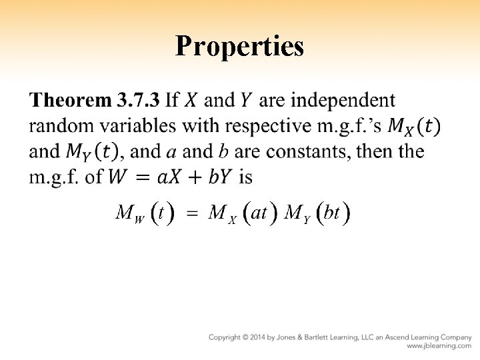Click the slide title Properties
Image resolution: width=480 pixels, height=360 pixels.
click(x=240, y=46)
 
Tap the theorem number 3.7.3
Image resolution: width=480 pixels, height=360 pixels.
click(x=138, y=101)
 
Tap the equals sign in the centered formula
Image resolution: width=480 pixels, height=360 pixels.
click(x=192, y=215)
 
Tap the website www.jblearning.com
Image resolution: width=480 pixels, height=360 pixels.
click(x=439, y=346)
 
